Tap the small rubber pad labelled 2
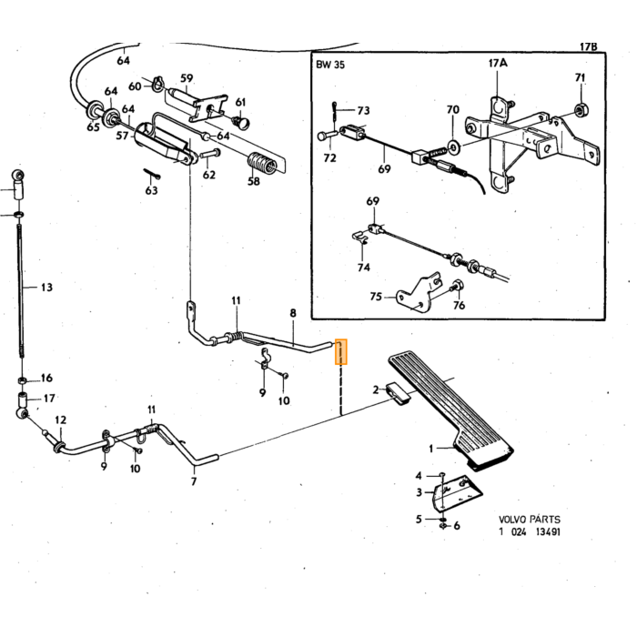click(399, 393)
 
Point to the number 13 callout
click(46, 288)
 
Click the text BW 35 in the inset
click(329, 65)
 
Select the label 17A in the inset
click(498, 64)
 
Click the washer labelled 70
click(453, 146)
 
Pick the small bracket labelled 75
click(419, 293)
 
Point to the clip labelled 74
click(360, 237)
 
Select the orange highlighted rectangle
click(341, 351)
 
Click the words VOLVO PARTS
click(530, 520)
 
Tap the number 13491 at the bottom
click(548, 531)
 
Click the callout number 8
click(293, 313)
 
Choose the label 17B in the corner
click(588, 46)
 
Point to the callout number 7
click(194, 481)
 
